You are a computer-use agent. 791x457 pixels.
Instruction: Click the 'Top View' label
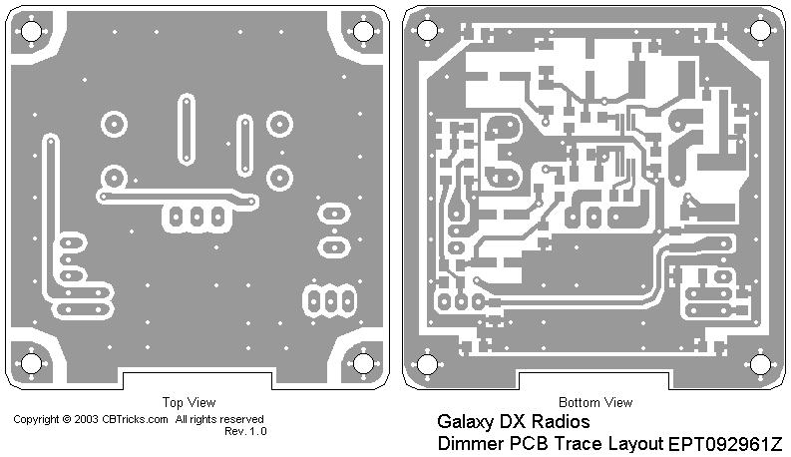[x=188, y=403]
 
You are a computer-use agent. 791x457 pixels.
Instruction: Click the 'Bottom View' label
[x=594, y=403]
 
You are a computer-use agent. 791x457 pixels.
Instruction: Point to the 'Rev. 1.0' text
[x=245, y=431]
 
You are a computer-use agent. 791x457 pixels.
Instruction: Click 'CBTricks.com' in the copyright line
[x=135, y=420]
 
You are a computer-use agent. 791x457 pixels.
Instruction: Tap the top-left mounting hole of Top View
[x=31, y=31]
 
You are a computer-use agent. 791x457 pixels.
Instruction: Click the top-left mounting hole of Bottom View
[x=426, y=31]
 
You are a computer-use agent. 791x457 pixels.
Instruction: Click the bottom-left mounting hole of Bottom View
[x=426, y=363]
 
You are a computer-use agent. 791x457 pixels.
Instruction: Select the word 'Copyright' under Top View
[x=36, y=420]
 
